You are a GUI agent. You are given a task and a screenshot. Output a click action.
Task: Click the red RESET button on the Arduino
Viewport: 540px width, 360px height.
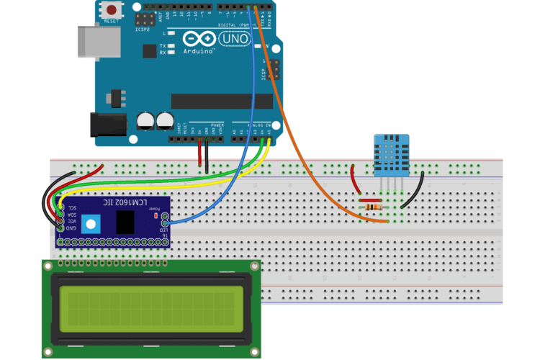pyautogui.click(x=112, y=10)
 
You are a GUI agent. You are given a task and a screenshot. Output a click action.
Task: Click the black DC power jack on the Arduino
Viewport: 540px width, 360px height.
pyautogui.click(x=103, y=125)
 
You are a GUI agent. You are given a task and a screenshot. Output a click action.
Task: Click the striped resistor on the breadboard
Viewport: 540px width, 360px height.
pyautogui.click(x=374, y=207)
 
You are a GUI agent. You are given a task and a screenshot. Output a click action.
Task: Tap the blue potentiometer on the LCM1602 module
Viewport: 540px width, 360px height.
pyautogui.click(x=90, y=223)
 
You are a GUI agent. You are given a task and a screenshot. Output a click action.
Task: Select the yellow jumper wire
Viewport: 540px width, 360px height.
pyautogui.click(x=166, y=180)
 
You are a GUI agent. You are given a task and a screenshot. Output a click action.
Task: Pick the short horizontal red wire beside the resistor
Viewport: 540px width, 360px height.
pyautogui.click(x=370, y=200)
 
